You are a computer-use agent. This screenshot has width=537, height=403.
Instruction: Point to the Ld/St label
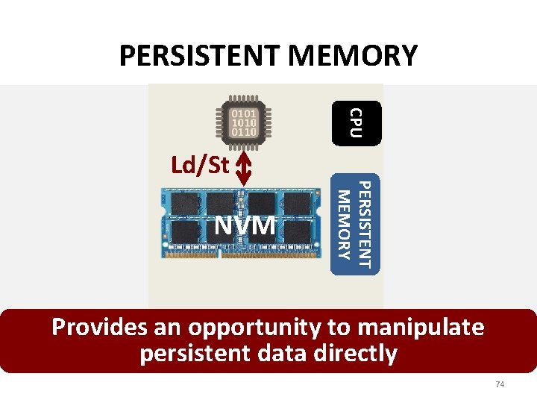200,164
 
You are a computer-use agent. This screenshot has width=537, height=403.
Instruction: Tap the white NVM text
245,224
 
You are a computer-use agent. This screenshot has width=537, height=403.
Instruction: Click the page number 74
500,384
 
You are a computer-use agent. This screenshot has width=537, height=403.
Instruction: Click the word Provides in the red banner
99,327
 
